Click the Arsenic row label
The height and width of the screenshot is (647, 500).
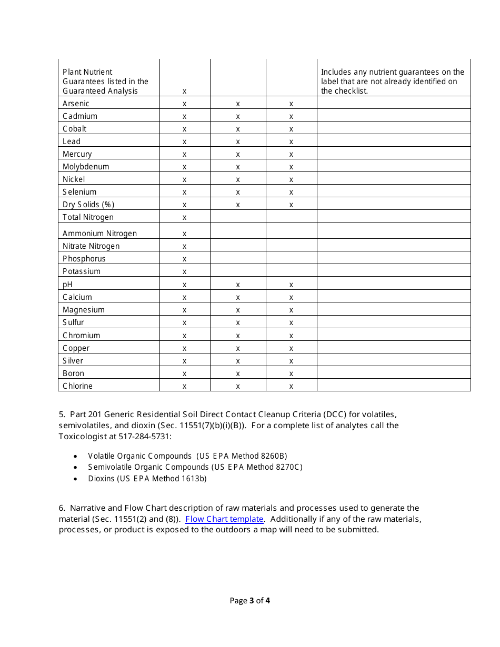(x=76, y=104)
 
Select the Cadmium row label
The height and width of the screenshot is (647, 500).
(x=79, y=116)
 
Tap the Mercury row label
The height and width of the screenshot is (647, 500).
(x=77, y=154)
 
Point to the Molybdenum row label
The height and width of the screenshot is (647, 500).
(x=86, y=167)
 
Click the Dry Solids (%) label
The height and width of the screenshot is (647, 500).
(x=88, y=205)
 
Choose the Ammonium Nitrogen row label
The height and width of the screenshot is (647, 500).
(x=99, y=234)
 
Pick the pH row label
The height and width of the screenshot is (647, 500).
(x=67, y=285)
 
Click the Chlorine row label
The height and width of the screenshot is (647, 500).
(x=77, y=386)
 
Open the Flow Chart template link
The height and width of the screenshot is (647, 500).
(x=224, y=519)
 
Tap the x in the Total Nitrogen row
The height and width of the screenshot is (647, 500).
(x=184, y=217)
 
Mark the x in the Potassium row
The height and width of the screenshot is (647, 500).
(x=184, y=271)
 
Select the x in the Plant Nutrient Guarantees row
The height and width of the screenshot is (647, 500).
(x=184, y=91)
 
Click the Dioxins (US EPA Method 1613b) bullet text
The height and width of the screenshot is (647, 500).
(x=147, y=479)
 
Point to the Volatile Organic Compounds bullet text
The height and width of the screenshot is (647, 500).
(x=187, y=456)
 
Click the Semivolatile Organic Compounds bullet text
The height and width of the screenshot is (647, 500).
(x=195, y=467)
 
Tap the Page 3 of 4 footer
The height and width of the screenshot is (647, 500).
(x=249, y=601)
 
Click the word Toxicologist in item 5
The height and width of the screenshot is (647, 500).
(x=82, y=436)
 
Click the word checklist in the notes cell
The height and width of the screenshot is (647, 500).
(x=349, y=91)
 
